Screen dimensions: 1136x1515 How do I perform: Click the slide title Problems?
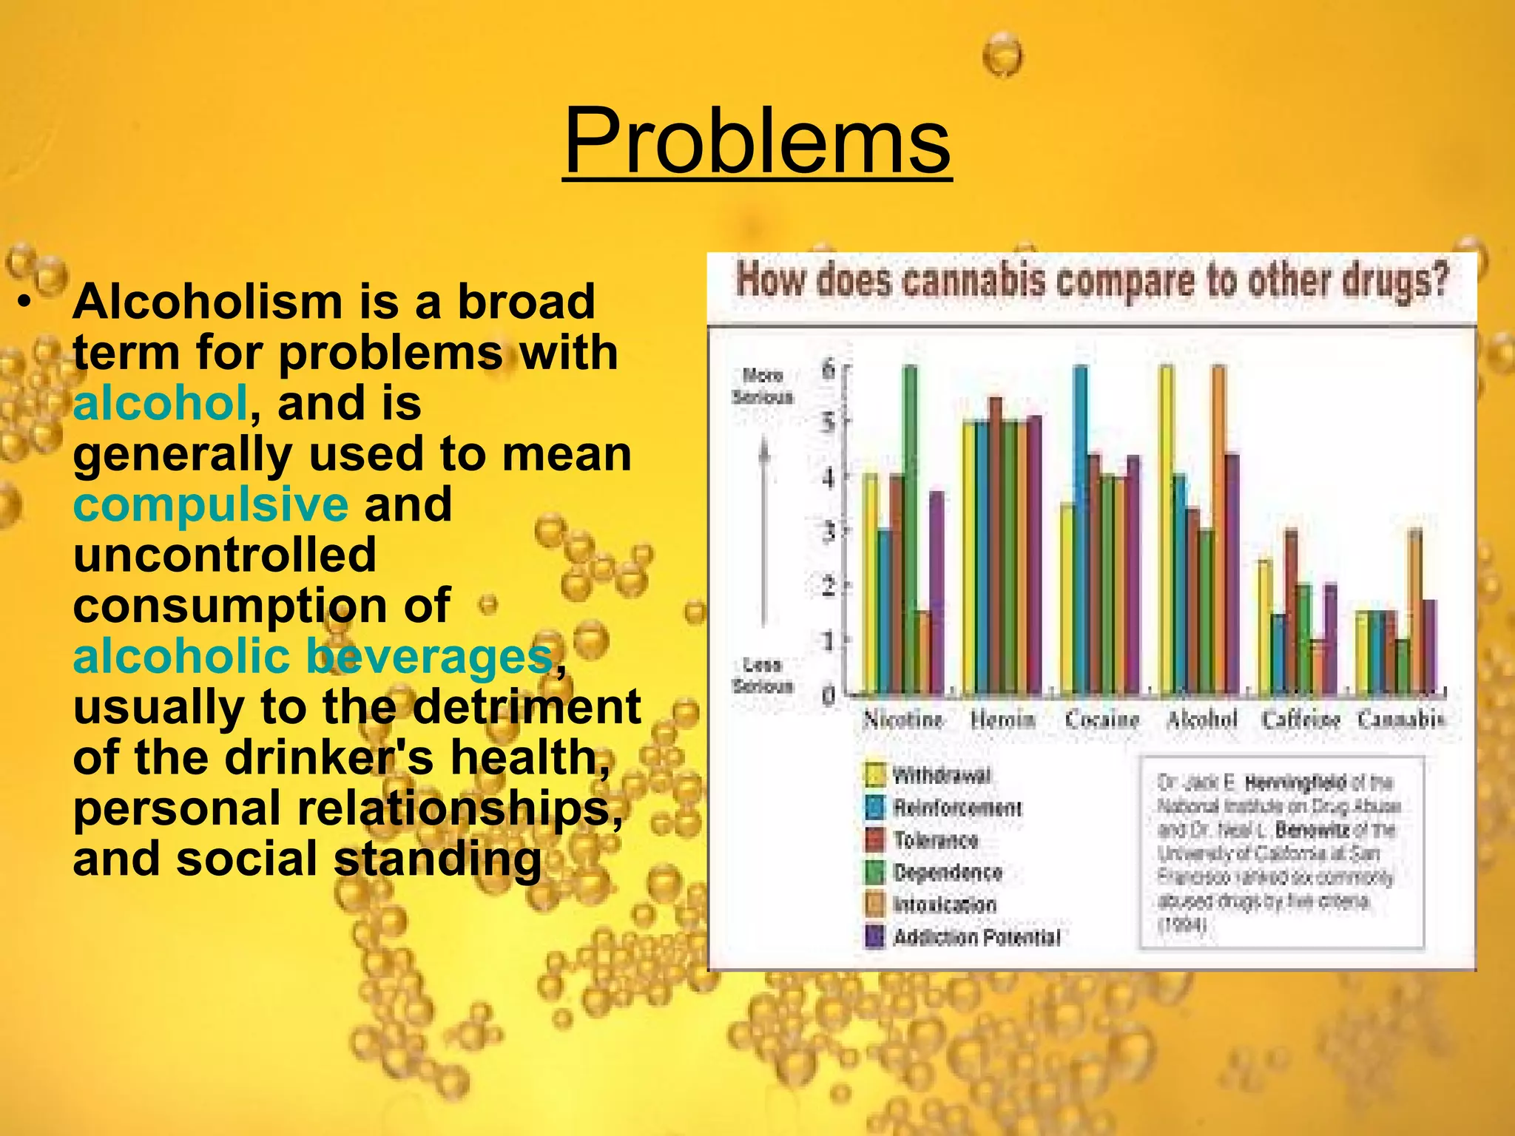pyautogui.click(x=757, y=141)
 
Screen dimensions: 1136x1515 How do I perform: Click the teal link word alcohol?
pyautogui.click(x=160, y=403)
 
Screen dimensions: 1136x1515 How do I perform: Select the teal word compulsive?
pyautogui.click(x=210, y=504)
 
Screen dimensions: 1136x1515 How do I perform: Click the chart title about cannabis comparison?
pyautogui.click(x=1091, y=282)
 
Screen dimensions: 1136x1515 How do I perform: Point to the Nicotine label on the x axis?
pyautogui.click(x=903, y=719)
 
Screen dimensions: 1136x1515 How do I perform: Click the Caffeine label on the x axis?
pyautogui.click(x=1300, y=719)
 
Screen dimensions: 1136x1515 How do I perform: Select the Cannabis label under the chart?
pyautogui.click(x=1400, y=719)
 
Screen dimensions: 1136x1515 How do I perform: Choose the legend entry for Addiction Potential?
pyautogui.click(x=975, y=937)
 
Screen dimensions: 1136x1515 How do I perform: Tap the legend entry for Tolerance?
pyautogui.click(x=934, y=840)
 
